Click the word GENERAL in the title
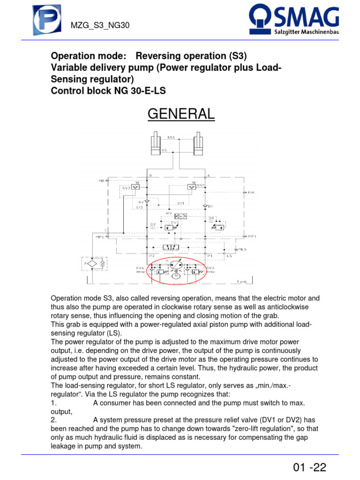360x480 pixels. [181, 113]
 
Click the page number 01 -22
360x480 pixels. [309, 467]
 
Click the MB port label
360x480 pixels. [102, 180]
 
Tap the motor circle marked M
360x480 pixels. [176, 276]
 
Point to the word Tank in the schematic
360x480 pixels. [241, 282]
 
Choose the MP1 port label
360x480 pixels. [252, 236]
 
